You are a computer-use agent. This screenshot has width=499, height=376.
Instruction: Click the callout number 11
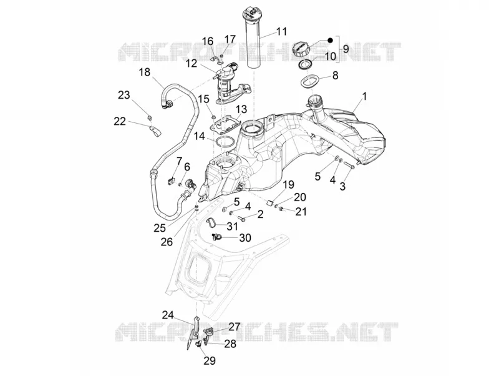click(281, 32)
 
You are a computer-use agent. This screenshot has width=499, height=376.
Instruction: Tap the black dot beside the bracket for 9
click(330, 41)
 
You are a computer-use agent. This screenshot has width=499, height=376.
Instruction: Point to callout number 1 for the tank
click(365, 96)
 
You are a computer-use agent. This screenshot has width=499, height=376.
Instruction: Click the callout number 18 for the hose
click(145, 72)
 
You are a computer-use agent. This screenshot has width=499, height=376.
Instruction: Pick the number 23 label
click(124, 95)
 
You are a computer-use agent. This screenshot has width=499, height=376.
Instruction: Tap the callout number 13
click(241, 109)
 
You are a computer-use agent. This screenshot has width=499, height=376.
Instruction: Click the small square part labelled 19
click(269, 203)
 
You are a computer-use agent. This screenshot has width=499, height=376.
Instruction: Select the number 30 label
click(245, 238)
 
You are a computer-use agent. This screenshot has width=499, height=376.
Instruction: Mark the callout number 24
click(168, 315)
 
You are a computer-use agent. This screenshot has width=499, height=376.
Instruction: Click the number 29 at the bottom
click(210, 360)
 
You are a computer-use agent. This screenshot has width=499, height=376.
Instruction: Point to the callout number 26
click(167, 242)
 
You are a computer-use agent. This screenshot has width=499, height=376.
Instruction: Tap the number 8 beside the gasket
click(335, 76)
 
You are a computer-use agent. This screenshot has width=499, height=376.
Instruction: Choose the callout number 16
click(208, 41)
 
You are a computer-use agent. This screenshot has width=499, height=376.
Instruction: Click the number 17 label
click(230, 39)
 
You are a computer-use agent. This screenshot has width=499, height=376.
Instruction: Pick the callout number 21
click(301, 211)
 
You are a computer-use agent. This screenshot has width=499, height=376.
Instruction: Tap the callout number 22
click(120, 121)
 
